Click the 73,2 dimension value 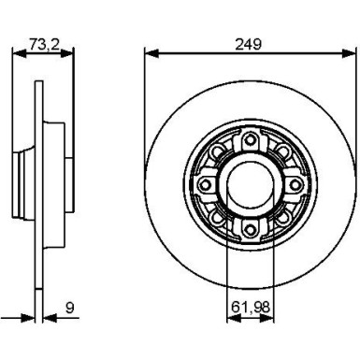[44, 44]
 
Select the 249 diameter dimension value [249, 44]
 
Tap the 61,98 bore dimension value [251, 308]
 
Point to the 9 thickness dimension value [70, 308]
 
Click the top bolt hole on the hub [250, 140]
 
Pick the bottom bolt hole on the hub [250, 230]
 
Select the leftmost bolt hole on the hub [205, 185]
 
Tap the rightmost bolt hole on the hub [295, 185]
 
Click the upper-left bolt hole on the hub [216, 152]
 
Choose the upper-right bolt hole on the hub [283, 152]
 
